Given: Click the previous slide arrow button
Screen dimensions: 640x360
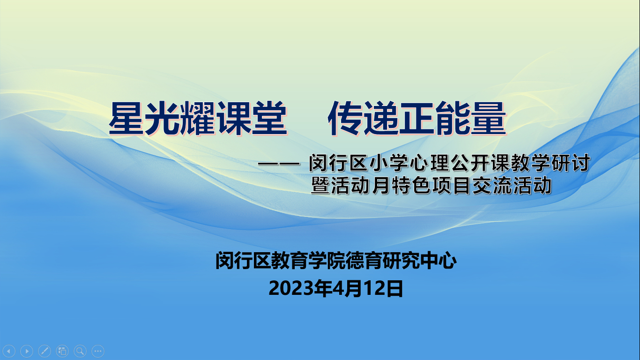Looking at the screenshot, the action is tap(9, 351).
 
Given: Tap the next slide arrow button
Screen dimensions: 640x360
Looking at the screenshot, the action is tap(27, 351).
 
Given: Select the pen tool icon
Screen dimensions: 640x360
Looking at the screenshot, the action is tap(45, 351).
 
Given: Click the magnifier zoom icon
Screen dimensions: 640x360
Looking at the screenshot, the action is tap(80, 351).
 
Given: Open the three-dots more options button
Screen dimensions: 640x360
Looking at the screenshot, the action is tap(98, 351).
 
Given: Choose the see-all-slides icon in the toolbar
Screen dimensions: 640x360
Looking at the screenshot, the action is tap(62, 351).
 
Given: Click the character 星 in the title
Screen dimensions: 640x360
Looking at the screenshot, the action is tap(127, 118).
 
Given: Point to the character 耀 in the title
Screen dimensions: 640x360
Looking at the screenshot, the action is tap(198, 118).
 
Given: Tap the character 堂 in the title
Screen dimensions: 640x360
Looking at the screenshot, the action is tap(269, 118).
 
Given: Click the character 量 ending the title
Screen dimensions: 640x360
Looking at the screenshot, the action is tap(489, 118).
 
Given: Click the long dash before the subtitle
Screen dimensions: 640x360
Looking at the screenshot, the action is tap(279, 164).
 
